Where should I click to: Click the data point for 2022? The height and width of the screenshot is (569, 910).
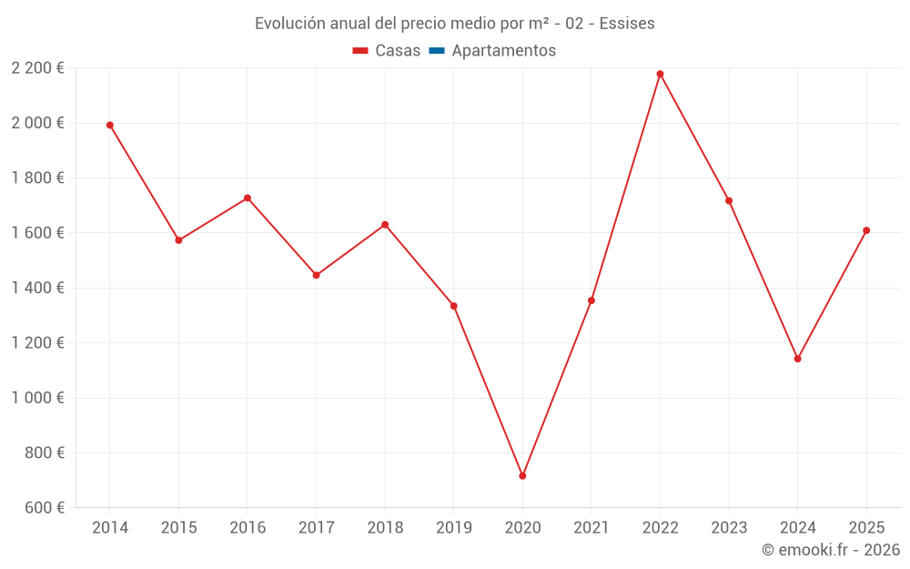point(660,74)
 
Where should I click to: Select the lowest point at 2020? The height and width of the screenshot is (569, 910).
point(522,476)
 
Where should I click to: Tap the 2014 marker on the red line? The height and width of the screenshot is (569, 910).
point(110,125)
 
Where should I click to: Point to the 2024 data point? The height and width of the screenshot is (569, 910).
point(797,359)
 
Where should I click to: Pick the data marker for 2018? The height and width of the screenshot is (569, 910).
point(385,225)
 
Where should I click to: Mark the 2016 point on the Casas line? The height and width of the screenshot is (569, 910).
point(248,198)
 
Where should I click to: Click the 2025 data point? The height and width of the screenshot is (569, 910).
point(866,230)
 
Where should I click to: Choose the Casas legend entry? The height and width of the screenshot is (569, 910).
point(387,51)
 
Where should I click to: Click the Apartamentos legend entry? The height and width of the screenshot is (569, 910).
point(503,51)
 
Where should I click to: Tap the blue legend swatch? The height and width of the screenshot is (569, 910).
point(436,51)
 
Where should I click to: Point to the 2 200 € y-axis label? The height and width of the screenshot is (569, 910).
point(37,68)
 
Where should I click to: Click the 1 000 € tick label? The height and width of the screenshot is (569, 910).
point(37,398)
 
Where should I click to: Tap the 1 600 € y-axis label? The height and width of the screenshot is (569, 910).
point(37,233)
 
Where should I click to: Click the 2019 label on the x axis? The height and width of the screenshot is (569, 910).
point(453,528)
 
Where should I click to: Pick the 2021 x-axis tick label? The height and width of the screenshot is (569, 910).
point(591,528)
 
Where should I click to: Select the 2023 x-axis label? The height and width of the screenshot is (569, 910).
point(729,528)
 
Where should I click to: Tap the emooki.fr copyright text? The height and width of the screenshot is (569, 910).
point(830,550)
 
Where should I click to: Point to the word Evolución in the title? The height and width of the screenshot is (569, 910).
point(289,24)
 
